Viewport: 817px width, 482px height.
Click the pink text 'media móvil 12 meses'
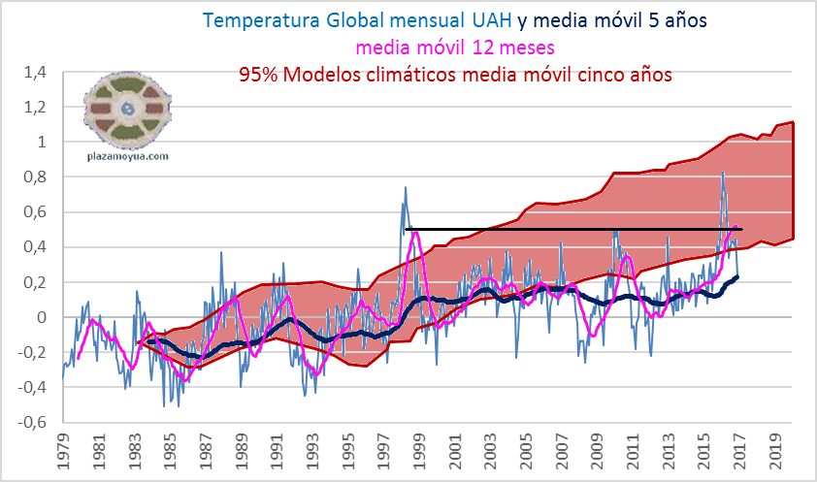455,47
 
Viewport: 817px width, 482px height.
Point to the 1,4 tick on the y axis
35,72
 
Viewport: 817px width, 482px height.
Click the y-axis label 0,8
35,177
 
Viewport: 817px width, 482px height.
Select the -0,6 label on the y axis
32,422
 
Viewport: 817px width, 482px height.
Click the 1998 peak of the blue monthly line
406,188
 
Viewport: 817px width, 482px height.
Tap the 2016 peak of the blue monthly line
723,173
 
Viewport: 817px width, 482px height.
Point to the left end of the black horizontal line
405,229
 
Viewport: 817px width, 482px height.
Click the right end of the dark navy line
737,276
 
